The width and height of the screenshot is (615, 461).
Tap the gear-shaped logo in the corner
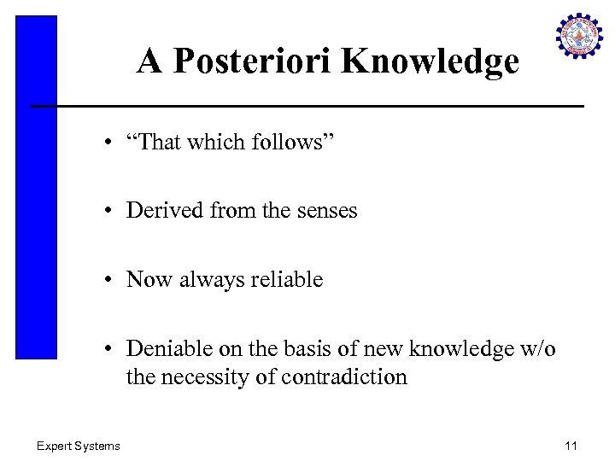pos(580,37)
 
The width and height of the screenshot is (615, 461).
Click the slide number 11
pos(572,445)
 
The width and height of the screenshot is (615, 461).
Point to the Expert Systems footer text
pos(78,445)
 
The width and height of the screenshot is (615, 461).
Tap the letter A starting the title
pos(150,61)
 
